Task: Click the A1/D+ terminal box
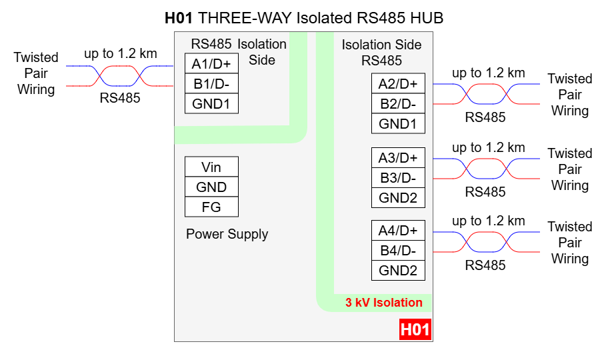click(211, 64)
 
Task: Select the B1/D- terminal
click(211, 84)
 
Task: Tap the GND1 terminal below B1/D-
click(211, 104)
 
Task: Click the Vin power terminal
click(211, 167)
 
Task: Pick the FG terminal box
click(211, 207)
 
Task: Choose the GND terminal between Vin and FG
click(211, 187)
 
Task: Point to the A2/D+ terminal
click(398, 84)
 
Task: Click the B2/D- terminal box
click(398, 104)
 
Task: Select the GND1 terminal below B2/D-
click(398, 124)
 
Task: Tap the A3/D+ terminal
click(398, 158)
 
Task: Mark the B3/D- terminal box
click(398, 178)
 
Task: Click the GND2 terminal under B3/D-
click(398, 198)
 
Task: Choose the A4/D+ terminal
click(398, 231)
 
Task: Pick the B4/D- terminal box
click(398, 251)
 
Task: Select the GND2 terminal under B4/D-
click(398, 271)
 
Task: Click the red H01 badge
click(415, 329)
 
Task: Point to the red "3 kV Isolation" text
click(383, 303)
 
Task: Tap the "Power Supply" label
click(227, 234)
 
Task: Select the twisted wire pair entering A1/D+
click(120, 76)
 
